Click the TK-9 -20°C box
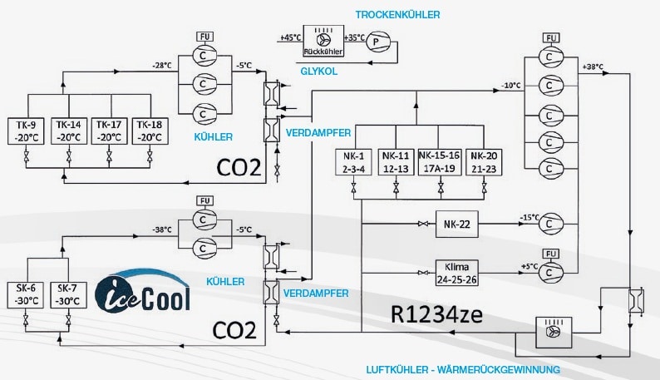pos(27,131)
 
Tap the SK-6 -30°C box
pos(27,294)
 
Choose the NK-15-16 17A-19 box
pos(440,161)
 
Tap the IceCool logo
pos(142,291)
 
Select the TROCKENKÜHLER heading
pos(397,15)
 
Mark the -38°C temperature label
pos(161,229)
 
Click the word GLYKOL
pos(318,72)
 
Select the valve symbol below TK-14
pos(68,155)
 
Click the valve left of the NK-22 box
pos(424,224)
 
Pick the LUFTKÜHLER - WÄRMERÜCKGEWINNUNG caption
pos(462,368)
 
